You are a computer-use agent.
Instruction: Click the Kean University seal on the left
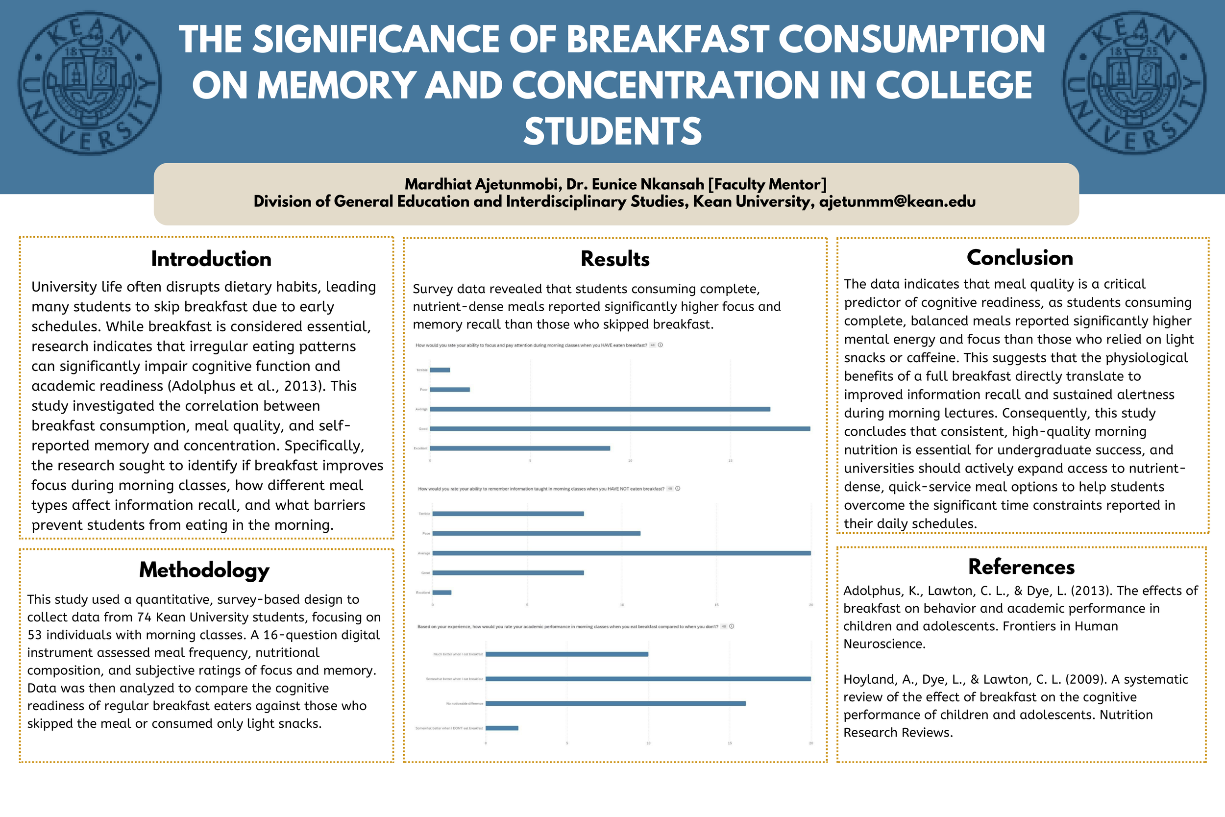click(x=90, y=83)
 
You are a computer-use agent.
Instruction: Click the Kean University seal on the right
click(x=1134, y=83)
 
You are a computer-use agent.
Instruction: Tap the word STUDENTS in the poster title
click(x=612, y=131)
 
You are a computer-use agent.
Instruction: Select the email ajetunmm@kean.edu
click(x=897, y=201)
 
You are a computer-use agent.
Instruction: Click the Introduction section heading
click(x=211, y=259)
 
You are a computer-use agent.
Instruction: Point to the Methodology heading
click(x=204, y=570)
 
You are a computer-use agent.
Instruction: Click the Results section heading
click(x=615, y=259)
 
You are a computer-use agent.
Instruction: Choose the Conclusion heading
click(x=1019, y=258)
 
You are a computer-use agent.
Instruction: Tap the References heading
click(x=1021, y=567)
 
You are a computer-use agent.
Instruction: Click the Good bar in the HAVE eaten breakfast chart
click(x=620, y=429)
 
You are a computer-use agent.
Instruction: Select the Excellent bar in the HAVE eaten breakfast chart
click(x=520, y=448)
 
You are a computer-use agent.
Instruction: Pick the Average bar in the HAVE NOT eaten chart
click(x=621, y=553)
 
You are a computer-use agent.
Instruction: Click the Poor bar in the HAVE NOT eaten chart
click(x=536, y=534)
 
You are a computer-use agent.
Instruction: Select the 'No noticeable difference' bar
click(x=615, y=703)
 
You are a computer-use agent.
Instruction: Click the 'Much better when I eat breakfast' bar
click(x=566, y=654)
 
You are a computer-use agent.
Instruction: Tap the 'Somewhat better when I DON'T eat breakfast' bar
click(x=502, y=728)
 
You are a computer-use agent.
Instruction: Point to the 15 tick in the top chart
click(x=730, y=461)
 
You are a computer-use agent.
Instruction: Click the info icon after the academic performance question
click(x=732, y=626)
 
